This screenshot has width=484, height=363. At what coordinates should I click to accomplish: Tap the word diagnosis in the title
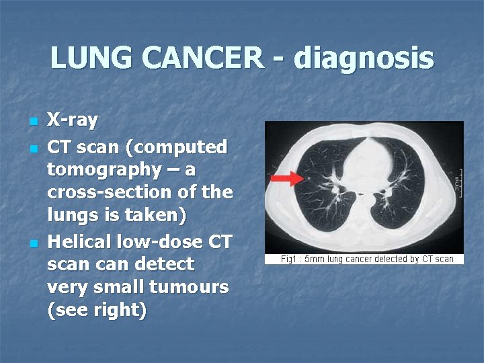point(363,58)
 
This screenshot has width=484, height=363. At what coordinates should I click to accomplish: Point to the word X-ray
point(72,121)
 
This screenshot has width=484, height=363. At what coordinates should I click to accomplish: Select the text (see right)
point(97,311)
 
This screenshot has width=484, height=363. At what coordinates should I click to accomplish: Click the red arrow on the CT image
point(285,178)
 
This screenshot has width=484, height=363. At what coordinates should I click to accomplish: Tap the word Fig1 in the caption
point(289,259)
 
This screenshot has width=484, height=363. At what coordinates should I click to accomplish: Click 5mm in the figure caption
point(315,259)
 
